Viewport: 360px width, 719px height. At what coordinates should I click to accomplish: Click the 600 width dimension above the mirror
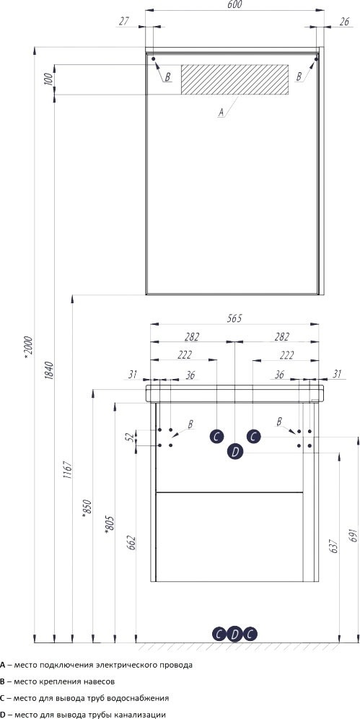pyautogui.click(x=234, y=5)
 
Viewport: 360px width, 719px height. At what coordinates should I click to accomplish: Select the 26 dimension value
pyautogui.click(x=346, y=21)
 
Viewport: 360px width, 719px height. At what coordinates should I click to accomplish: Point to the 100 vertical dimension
pyautogui.click(x=48, y=80)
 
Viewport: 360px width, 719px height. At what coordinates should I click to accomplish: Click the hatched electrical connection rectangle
pyautogui.click(x=235, y=79)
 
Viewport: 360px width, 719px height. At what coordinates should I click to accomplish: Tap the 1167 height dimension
pyautogui.click(x=67, y=470)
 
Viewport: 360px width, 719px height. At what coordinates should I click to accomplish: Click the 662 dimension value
pyautogui.click(x=131, y=543)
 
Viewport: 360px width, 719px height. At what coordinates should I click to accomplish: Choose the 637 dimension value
pyautogui.click(x=333, y=545)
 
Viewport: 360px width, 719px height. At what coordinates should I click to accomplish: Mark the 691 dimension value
pyautogui.click(x=352, y=535)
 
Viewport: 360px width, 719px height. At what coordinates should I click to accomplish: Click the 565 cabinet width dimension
pyautogui.click(x=234, y=318)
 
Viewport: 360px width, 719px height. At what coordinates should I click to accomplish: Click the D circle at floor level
pyautogui.click(x=234, y=634)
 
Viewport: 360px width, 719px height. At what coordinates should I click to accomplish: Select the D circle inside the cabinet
pyautogui.click(x=235, y=452)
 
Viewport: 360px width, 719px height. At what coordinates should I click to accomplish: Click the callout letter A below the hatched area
pyautogui.click(x=221, y=112)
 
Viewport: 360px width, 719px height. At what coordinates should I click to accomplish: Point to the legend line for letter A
pyautogui.click(x=96, y=664)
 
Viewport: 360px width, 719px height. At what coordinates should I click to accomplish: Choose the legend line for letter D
pyautogui.click(x=83, y=715)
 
